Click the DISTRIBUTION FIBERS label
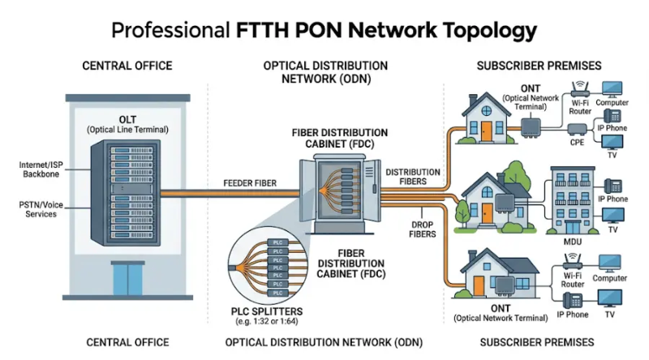tap(413, 177)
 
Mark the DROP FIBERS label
tap(419, 229)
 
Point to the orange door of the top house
tap(486, 130)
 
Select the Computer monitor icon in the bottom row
tap(609, 264)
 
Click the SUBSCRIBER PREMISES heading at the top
tap(536, 65)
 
